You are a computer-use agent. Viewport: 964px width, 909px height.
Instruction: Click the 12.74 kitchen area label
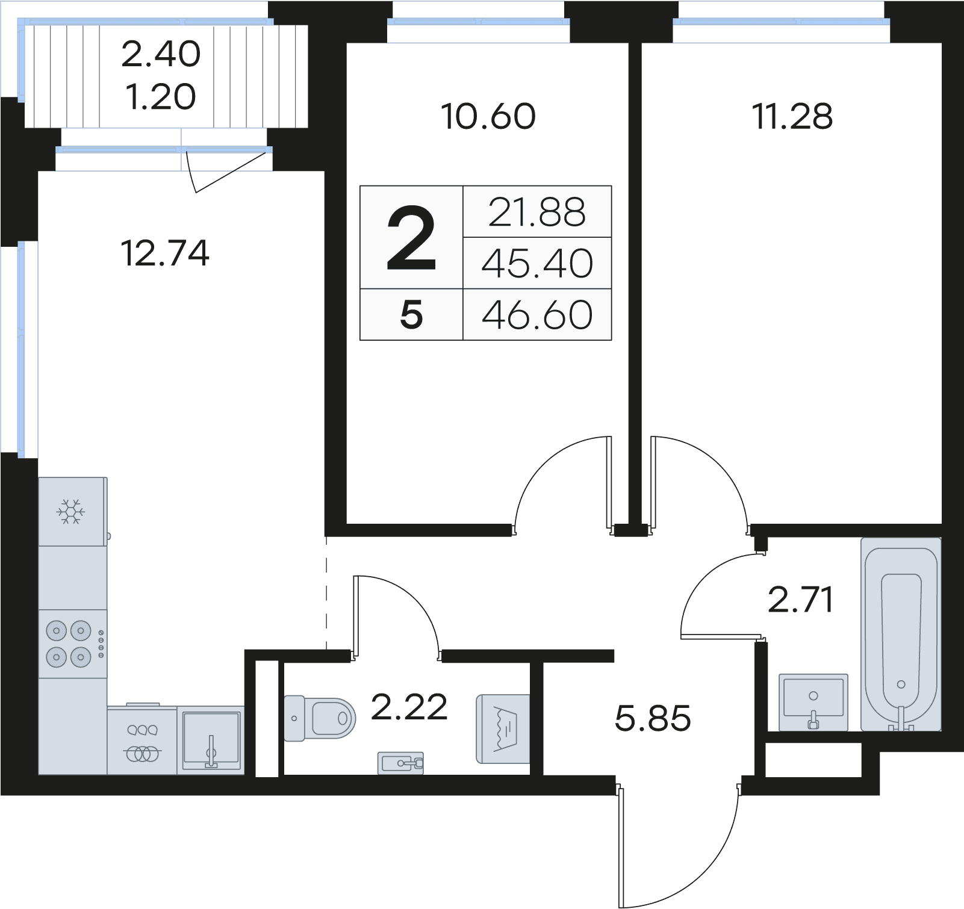click(165, 253)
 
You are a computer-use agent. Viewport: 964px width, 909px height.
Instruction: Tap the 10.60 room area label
click(488, 116)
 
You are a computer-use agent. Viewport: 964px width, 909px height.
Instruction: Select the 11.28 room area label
click(792, 116)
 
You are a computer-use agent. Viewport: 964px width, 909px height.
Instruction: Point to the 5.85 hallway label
click(653, 718)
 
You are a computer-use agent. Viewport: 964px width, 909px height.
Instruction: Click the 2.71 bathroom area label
click(800, 600)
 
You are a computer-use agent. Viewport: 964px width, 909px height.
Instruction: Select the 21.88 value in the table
click(536, 212)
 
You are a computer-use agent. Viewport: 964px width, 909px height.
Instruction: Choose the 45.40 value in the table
click(537, 264)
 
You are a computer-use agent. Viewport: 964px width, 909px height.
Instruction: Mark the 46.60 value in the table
click(537, 315)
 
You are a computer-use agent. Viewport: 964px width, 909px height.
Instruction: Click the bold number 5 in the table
click(411, 315)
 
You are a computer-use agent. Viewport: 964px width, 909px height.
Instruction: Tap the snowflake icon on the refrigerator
click(71, 512)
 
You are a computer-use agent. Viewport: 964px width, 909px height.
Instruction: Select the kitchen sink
click(211, 739)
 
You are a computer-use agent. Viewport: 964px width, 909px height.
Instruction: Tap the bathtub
click(901, 635)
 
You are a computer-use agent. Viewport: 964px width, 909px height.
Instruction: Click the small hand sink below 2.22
click(401, 763)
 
